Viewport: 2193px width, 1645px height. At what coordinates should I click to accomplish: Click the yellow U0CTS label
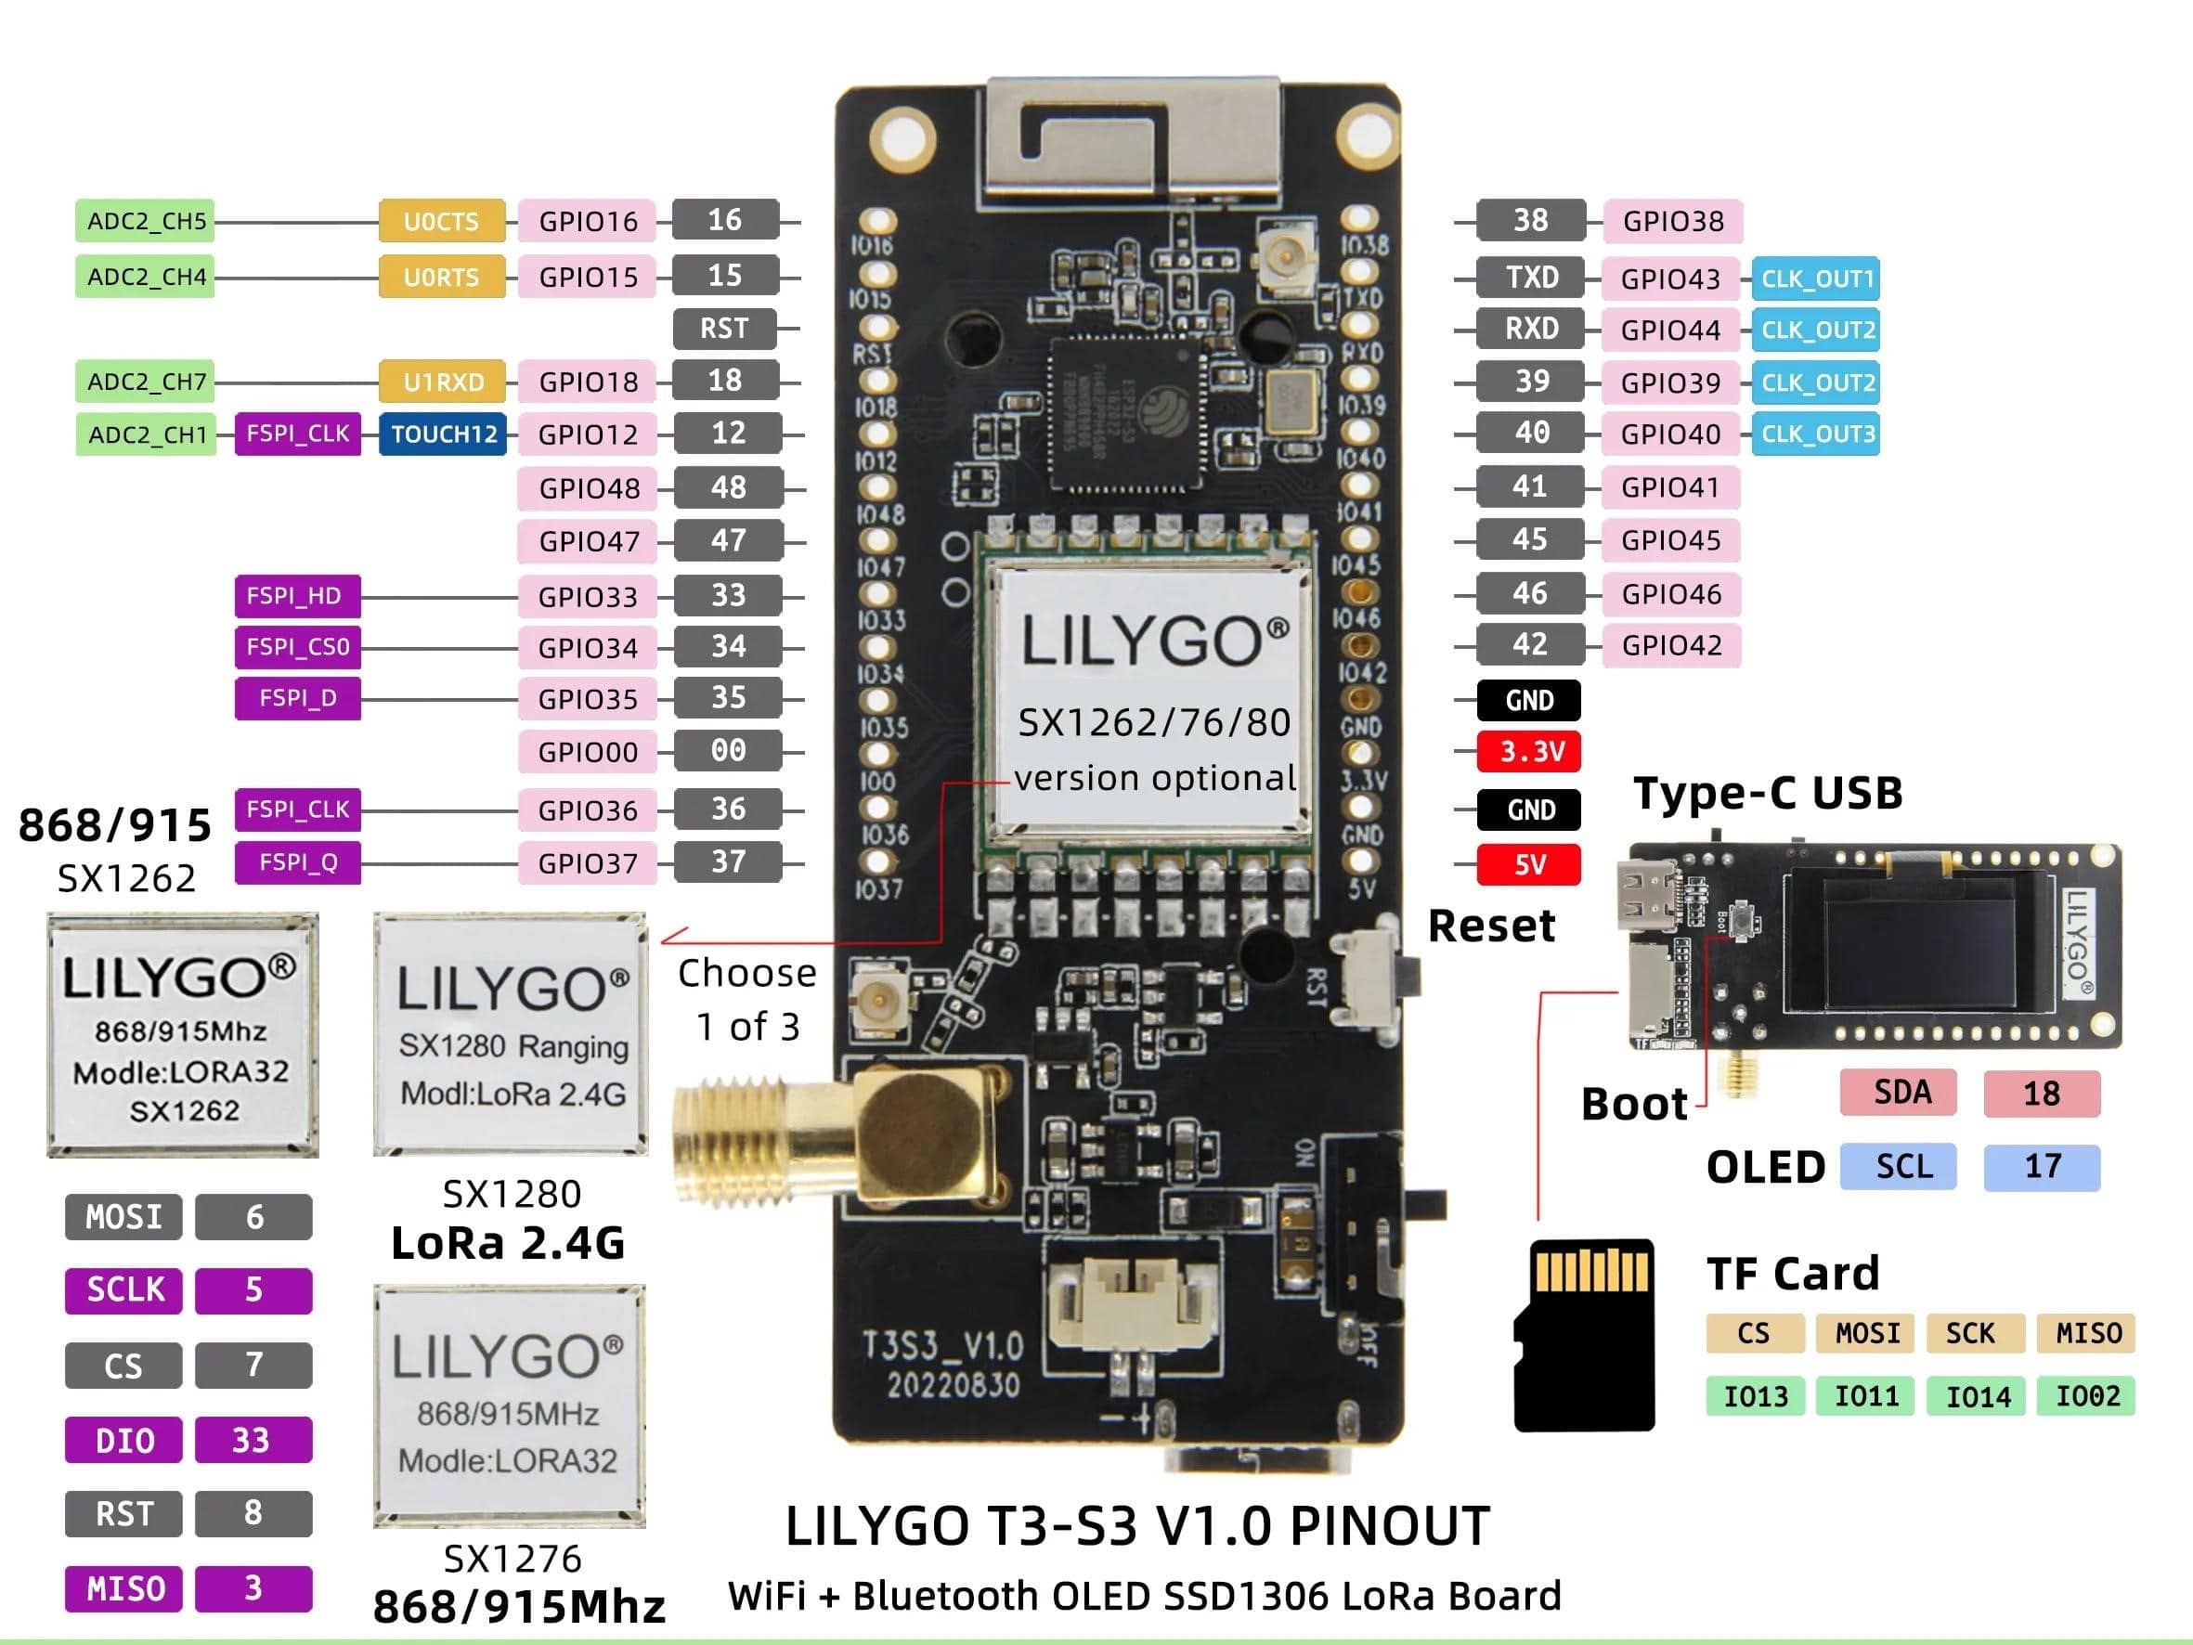[441, 221]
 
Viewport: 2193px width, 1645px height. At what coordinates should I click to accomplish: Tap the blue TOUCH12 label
[442, 434]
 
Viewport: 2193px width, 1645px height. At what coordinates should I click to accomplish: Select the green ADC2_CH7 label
[146, 382]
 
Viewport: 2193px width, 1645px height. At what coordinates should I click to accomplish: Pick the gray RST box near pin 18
[724, 329]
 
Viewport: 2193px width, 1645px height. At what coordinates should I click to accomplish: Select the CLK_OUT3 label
[1815, 434]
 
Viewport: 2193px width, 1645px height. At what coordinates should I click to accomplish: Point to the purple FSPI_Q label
[297, 862]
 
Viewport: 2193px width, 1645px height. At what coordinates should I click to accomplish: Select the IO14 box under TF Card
[1976, 1397]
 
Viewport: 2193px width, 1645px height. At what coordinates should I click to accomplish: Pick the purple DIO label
[123, 1441]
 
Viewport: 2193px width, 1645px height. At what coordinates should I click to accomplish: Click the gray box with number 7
[253, 1366]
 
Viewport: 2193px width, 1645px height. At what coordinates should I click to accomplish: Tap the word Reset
[1491, 926]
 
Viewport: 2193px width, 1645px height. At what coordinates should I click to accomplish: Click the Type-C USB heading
[1768, 793]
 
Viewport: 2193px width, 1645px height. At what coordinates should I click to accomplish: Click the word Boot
[1634, 1105]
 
